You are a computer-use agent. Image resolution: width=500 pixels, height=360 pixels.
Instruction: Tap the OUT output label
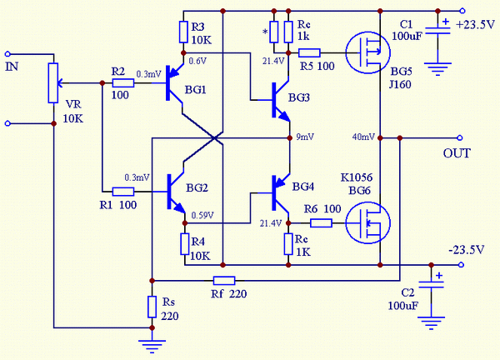(x=457, y=153)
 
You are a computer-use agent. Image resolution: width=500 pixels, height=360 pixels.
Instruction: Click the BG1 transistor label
(x=197, y=89)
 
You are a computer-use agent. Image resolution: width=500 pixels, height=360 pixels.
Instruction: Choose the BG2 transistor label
(x=197, y=187)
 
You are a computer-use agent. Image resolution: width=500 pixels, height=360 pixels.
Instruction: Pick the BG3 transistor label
(x=298, y=97)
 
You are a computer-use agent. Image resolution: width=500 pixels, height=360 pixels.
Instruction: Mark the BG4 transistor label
(x=302, y=187)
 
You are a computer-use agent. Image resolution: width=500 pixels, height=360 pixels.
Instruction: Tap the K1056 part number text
(x=356, y=178)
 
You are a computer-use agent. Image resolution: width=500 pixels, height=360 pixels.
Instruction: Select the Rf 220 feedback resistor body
(x=224, y=280)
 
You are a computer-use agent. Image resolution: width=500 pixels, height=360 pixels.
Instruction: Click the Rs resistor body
(x=152, y=307)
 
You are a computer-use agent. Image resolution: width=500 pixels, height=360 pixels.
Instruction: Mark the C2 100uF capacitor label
(x=401, y=298)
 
